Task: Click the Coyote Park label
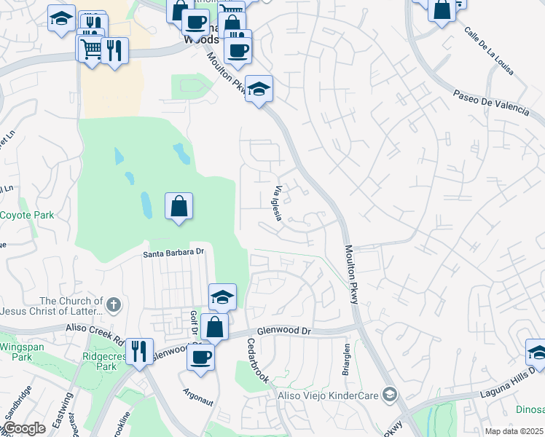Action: tap(27, 216)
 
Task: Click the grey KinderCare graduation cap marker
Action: tap(390, 394)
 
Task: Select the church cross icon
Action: tap(113, 303)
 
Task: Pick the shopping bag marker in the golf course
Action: tap(179, 207)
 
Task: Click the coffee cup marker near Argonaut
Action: tap(201, 357)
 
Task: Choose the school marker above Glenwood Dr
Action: tap(222, 296)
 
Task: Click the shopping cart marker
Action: tap(90, 50)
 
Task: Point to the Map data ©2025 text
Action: tap(513, 431)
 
